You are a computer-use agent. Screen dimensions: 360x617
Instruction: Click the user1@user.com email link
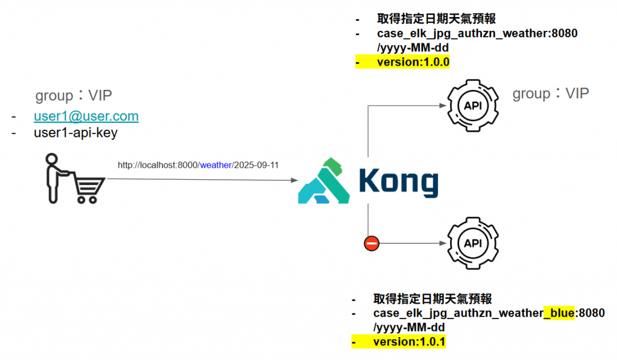(86, 116)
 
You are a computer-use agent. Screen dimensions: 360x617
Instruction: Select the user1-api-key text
(75, 133)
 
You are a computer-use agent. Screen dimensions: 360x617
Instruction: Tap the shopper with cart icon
(70, 179)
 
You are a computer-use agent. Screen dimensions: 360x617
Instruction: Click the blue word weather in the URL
(216, 165)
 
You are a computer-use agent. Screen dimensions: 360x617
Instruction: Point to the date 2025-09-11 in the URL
(256, 165)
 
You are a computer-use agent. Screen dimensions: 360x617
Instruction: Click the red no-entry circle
(371, 244)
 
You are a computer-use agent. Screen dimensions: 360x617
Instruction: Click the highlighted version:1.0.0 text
(413, 62)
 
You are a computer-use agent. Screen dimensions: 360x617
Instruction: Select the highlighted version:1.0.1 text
(409, 342)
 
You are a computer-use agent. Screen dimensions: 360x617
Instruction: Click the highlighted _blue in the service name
(559, 313)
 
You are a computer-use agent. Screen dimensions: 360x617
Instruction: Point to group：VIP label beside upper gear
(550, 93)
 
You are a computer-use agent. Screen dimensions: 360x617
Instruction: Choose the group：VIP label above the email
(74, 95)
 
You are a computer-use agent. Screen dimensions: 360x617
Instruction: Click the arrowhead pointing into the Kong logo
(295, 180)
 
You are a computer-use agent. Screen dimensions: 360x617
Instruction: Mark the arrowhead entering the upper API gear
(443, 106)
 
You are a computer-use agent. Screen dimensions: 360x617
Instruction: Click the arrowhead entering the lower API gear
(443, 244)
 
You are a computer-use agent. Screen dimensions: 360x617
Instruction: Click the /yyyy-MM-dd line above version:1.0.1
(409, 327)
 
